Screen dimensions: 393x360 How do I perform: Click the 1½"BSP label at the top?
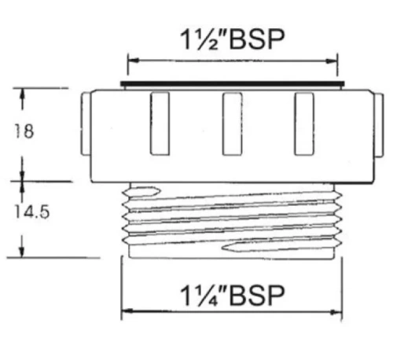click(232, 40)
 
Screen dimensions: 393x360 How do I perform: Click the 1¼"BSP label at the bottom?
click(232, 296)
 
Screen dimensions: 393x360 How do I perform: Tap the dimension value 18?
click(24, 131)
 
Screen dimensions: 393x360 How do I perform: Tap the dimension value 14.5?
click(31, 211)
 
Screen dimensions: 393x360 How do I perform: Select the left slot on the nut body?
click(160, 123)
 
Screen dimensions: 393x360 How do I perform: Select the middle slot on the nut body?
click(232, 124)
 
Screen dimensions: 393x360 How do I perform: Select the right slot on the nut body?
click(304, 124)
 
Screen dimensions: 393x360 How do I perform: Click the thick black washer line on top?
click(232, 83)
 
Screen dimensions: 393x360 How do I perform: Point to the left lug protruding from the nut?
click(86, 123)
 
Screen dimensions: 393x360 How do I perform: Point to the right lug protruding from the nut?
click(378, 125)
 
